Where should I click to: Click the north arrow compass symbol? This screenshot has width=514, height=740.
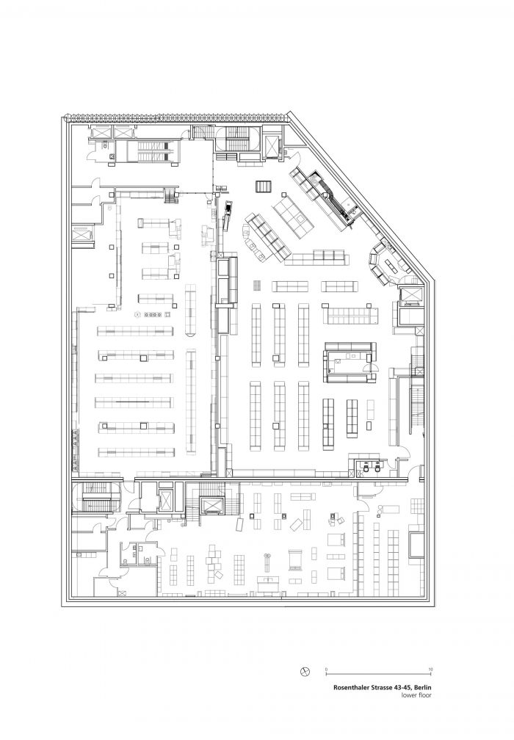tap(305, 672)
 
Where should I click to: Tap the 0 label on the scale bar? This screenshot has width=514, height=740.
tap(326, 670)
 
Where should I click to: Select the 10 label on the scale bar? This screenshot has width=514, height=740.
tap(430, 670)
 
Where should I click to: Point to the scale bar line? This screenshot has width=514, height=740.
tap(378, 674)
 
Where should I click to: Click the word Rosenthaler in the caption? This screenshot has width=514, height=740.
tap(348, 688)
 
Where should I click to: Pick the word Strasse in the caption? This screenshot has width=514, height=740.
tap(373, 688)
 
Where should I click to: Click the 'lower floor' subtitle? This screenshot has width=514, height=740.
tap(416, 694)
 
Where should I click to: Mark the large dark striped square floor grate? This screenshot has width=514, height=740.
tap(264, 187)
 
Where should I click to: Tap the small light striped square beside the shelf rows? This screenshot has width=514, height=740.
tap(257, 286)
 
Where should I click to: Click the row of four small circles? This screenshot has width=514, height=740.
tap(153, 314)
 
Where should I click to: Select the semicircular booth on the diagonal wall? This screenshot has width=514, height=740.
tap(383, 264)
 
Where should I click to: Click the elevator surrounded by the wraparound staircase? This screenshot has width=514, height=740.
tap(211, 505)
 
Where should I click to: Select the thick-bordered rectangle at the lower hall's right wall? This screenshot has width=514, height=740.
tap(417, 545)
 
